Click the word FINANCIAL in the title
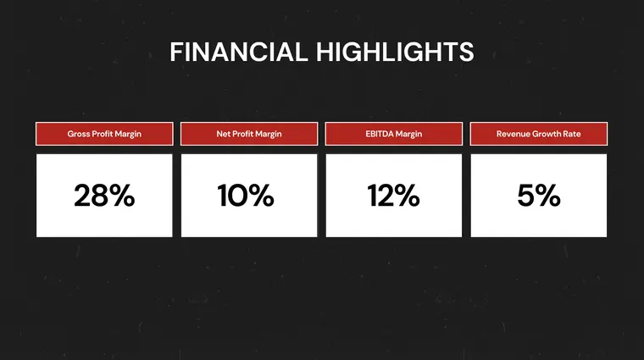238,52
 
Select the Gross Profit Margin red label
104,134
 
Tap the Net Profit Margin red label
249,134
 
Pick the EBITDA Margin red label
394,134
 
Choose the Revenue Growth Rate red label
539,134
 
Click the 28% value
104,196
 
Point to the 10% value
246,196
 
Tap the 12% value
394,196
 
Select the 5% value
539,196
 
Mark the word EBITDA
381,134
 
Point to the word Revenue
514,134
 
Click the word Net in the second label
224,134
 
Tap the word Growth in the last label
548,134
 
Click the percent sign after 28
121,196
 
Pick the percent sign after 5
548,196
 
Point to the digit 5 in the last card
525,196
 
